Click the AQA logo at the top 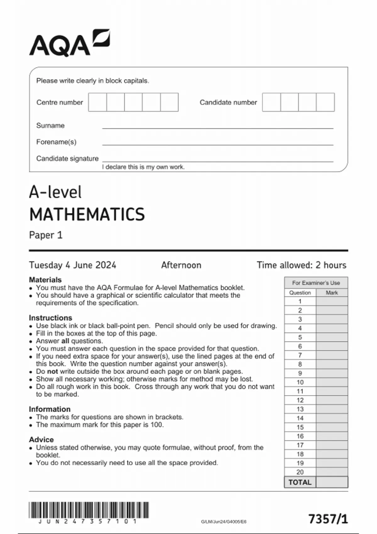[x=69, y=43]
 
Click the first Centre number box [x=97, y=102]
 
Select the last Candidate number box [x=325, y=102]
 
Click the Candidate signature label [x=67, y=159]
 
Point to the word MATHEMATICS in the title [x=87, y=215]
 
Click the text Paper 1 [x=46, y=235]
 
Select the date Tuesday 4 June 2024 [x=73, y=265]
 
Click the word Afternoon [x=181, y=265]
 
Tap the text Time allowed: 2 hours [x=301, y=265]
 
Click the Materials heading [x=45, y=280]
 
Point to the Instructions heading [x=50, y=318]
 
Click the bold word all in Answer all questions [x=65, y=341]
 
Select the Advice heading [x=41, y=439]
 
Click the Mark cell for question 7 [x=332, y=355]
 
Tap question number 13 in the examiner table [x=300, y=409]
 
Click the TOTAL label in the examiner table [x=300, y=482]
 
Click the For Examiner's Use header [x=316, y=283]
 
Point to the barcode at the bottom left [x=89, y=510]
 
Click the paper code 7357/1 [x=328, y=519]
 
